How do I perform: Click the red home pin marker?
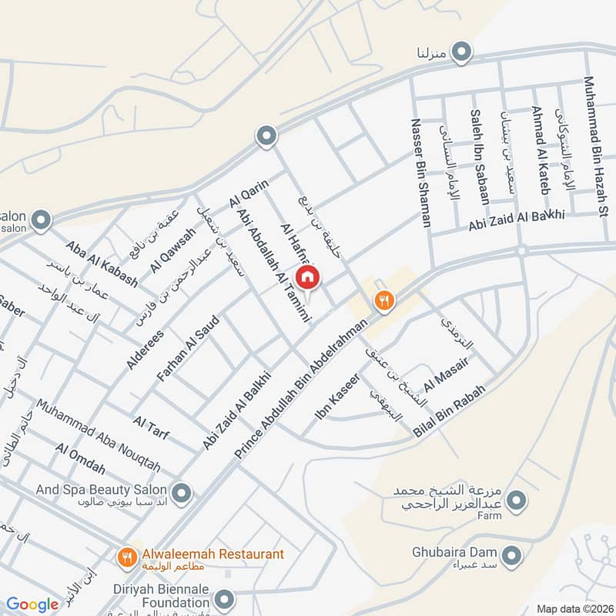click(307, 276)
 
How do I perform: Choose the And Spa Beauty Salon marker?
click(181, 490)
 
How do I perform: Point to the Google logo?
click(33, 604)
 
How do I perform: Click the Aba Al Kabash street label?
click(102, 264)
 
